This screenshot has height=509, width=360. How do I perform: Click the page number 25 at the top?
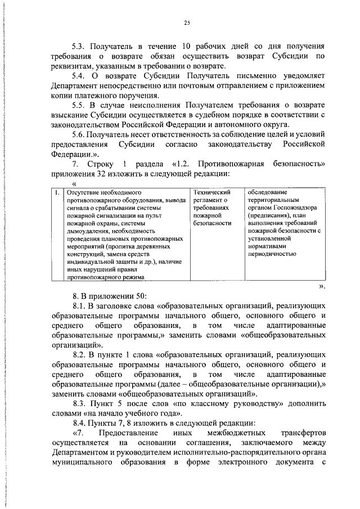point(187,22)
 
